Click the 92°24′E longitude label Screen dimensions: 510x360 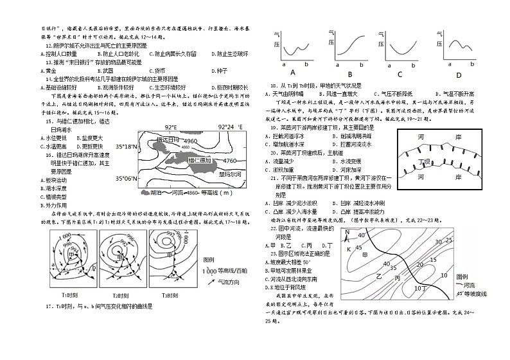[x=230, y=127]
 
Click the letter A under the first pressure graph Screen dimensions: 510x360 [x=292, y=72]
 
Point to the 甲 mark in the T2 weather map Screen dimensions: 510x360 [x=119, y=256]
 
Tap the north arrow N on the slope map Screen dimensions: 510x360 [x=347, y=233]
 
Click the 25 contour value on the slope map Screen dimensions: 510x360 [x=450, y=239]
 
